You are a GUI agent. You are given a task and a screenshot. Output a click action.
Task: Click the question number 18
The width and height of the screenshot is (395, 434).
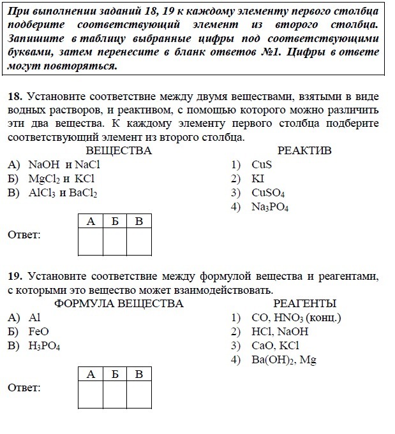tap(15, 96)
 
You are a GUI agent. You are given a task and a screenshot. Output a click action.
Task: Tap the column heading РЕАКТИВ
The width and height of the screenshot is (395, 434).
tap(304, 150)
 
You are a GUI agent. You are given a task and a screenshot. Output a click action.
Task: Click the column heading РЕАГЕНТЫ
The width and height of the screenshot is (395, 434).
tap(304, 303)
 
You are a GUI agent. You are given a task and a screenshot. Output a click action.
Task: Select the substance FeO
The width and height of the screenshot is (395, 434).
tap(38, 331)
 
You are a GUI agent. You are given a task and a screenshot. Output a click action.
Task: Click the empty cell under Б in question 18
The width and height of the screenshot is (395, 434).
tap(115, 242)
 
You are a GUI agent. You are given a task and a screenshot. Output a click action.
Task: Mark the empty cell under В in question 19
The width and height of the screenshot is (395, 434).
tap(139, 394)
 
